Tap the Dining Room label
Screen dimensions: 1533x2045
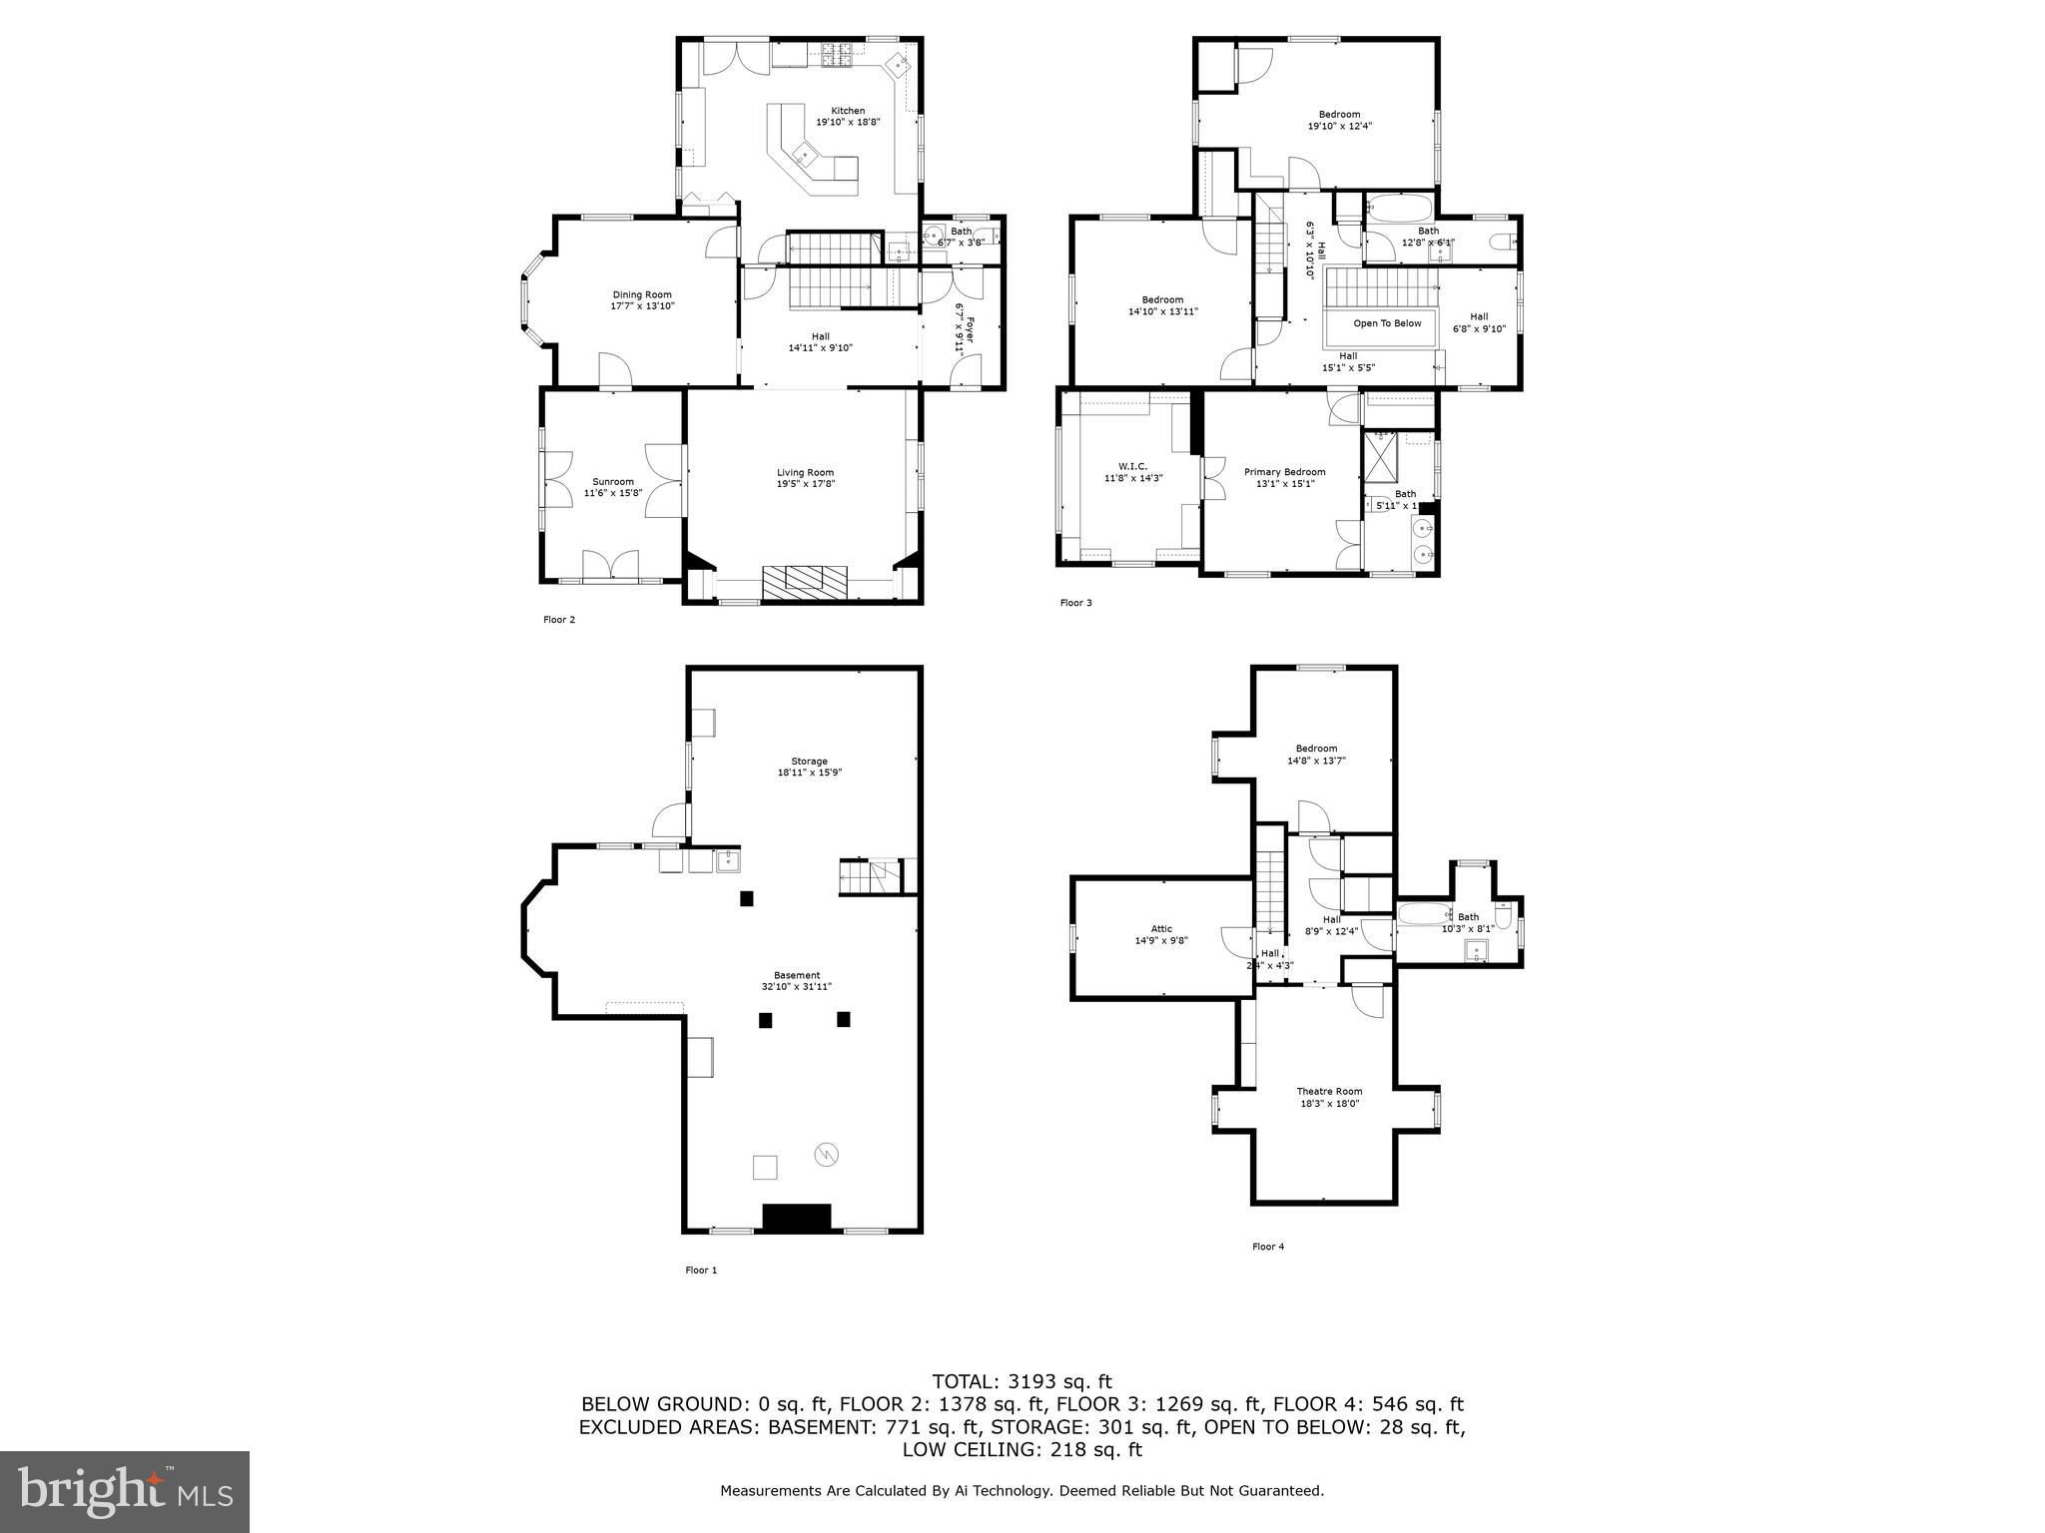tap(642, 294)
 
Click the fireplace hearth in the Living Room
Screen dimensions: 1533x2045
tap(804, 582)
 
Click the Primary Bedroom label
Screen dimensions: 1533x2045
tap(1284, 472)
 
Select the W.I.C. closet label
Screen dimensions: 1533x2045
tap(1132, 466)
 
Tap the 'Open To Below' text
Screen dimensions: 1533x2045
tap(1386, 323)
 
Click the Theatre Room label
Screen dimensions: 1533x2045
tap(1329, 1091)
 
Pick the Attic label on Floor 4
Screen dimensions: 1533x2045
tap(1160, 929)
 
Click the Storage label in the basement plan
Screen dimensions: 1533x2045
tap(809, 762)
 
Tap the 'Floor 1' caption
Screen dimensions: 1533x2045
tap(701, 1271)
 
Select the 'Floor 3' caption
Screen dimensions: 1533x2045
tap(1075, 603)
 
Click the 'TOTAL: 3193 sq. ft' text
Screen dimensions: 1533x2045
tap(1022, 1382)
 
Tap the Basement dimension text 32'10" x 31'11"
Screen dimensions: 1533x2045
tap(796, 986)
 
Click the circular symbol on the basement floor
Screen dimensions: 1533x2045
tap(826, 1155)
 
